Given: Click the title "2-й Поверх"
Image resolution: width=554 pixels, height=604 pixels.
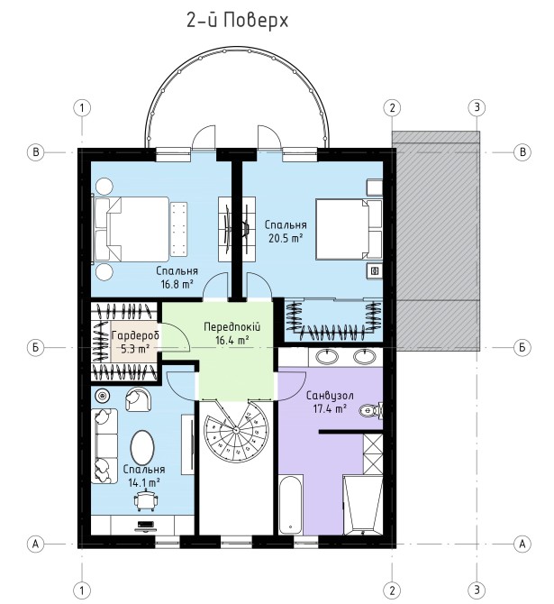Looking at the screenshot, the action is (x=237, y=21).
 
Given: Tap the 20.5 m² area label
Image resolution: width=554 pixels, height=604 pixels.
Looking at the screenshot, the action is (x=286, y=238).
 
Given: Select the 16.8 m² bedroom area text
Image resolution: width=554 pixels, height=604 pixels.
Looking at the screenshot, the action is (x=177, y=284).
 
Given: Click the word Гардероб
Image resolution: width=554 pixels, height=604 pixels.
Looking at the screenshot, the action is (x=135, y=335).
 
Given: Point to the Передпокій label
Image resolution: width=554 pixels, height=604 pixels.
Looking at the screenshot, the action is (x=232, y=327).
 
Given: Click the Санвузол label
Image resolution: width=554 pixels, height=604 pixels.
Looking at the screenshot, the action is (x=330, y=395).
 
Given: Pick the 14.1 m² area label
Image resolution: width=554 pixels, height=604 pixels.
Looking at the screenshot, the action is (x=144, y=482).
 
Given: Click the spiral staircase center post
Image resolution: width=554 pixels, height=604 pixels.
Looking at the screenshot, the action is (x=237, y=429).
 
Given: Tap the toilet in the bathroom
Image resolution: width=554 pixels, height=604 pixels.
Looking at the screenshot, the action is (x=371, y=410).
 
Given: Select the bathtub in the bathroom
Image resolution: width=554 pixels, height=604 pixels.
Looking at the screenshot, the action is (x=290, y=505).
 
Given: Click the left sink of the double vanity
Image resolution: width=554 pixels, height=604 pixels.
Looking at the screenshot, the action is (x=327, y=356).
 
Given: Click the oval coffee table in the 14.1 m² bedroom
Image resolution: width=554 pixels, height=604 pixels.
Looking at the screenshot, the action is (x=142, y=448).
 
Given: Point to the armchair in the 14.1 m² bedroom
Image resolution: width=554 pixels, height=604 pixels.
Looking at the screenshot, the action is (x=138, y=399).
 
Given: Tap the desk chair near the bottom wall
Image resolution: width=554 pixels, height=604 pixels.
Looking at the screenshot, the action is (x=146, y=499).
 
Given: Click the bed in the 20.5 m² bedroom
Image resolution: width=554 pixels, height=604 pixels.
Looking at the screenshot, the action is (x=349, y=229).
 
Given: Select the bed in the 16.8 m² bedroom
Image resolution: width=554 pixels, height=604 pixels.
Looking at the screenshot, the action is (x=132, y=231).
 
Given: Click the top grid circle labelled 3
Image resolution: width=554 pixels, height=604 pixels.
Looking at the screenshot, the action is (x=477, y=107).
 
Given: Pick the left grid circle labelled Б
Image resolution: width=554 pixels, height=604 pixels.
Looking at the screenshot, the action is (x=36, y=347).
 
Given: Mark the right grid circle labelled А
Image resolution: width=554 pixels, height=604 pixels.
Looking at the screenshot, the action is (x=522, y=544).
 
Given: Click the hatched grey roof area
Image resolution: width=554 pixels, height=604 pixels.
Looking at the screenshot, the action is (x=436, y=241).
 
